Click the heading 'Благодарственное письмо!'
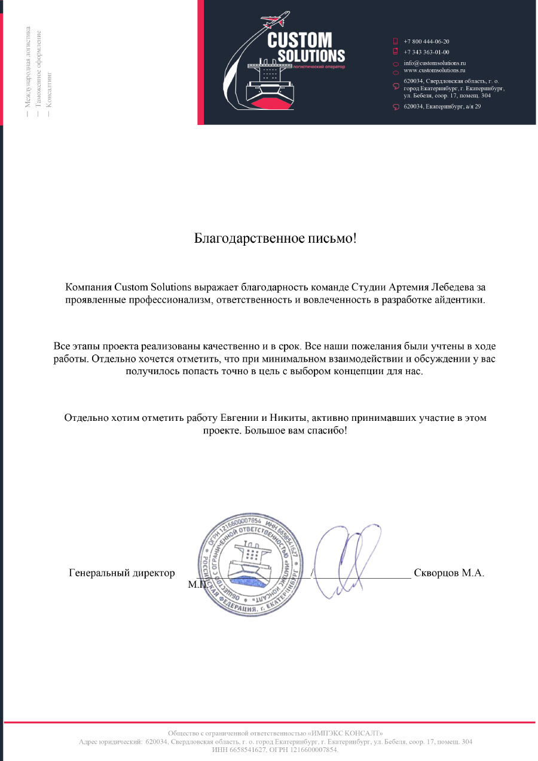click(276, 239)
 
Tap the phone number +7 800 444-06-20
click(426, 41)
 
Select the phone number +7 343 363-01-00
click(426, 52)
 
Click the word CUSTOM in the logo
click(299, 41)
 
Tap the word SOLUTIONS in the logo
click(311, 56)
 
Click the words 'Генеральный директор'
click(121, 573)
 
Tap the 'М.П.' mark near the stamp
click(197, 584)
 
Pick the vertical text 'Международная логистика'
click(27, 66)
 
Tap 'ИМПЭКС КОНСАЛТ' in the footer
click(346, 733)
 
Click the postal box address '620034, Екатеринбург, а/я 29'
click(442, 106)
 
